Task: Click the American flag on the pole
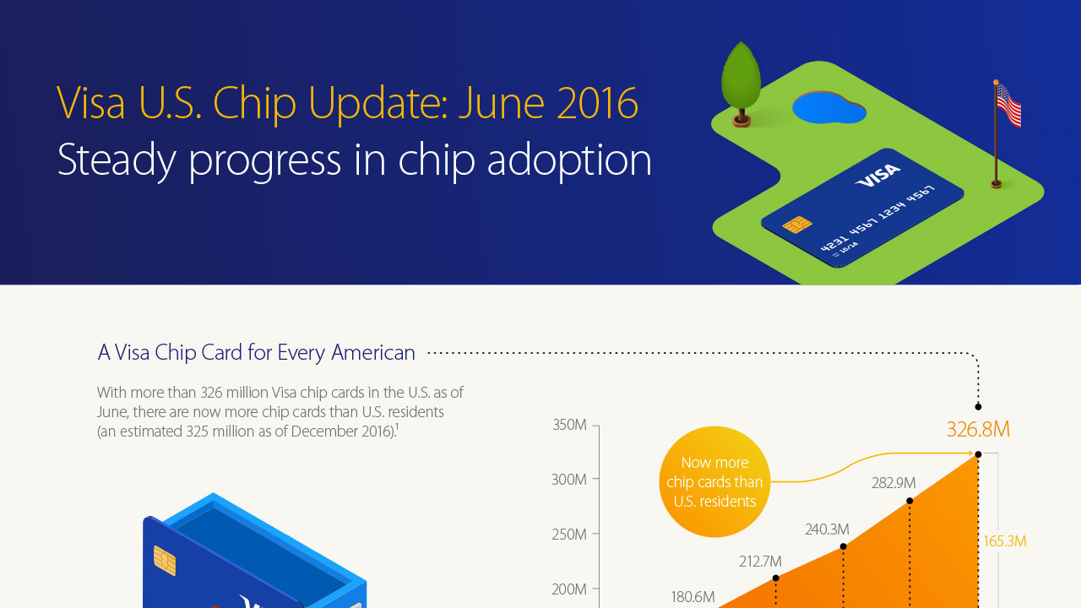(x=1008, y=107)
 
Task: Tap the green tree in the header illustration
(x=741, y=76)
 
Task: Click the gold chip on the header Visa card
(x=796, y=225)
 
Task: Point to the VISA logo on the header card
(x=878, y=176)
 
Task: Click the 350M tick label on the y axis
(x=569, y=425)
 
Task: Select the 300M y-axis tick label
(x=569, y=480)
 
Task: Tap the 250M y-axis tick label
(x=569, y=535)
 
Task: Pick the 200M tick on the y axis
(x=569, y=589)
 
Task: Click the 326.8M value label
(x=978, y=430)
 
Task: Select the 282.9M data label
(x=894, y=483)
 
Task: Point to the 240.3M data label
(x=827, y=529)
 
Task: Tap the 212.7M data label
(x=759, y=562)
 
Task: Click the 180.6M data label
(x=693, y=597)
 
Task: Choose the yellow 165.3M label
(x=1005, y=541)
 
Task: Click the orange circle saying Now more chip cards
(x=714, y=482)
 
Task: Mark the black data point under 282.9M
(x=910, y=501)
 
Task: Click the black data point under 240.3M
(x=844, y=546)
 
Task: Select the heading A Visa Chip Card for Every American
(x=257, y=353)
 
